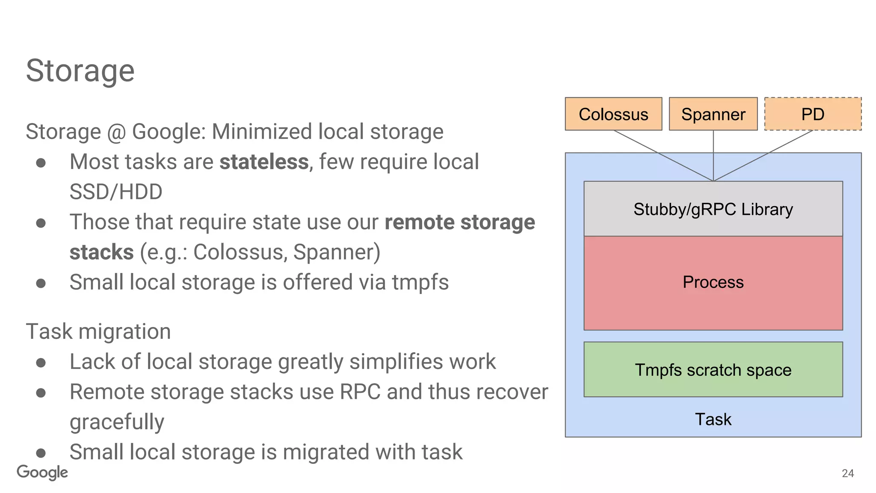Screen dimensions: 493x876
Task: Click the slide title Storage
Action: [x=80, y=71]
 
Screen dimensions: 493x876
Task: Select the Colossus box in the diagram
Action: [x=613, y=114]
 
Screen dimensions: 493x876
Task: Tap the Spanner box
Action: [x=713, y=114]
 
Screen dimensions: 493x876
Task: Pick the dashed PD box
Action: [x=812, y=114]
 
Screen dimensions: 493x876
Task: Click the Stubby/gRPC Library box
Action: [x=713, y=209]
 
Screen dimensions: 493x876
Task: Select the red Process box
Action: [x=713, y=282]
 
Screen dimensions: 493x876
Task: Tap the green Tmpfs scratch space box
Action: [x=713, y=370]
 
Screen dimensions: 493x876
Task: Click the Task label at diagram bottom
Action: [x=713, y=419]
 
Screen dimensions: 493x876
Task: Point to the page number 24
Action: [x=847, y=473]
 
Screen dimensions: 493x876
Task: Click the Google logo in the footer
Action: [x=42, y=472]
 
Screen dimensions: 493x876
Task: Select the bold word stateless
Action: [x=264, y=162]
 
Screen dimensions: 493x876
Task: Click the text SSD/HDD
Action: [x=116, y=192]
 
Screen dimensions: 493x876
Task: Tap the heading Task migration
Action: [x=98, y=332]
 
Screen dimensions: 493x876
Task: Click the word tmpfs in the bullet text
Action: [x=420, y=282]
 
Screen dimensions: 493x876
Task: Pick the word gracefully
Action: [x=117, y=422]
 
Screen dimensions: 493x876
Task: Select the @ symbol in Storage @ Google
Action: [x=116, y=132]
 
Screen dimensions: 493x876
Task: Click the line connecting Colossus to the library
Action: [x=663, y=155]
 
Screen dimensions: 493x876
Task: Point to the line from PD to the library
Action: [x=764, y=155]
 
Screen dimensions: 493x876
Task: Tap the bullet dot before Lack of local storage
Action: [x=41, y=363]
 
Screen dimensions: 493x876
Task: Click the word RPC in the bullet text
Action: [x=360, y=392]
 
